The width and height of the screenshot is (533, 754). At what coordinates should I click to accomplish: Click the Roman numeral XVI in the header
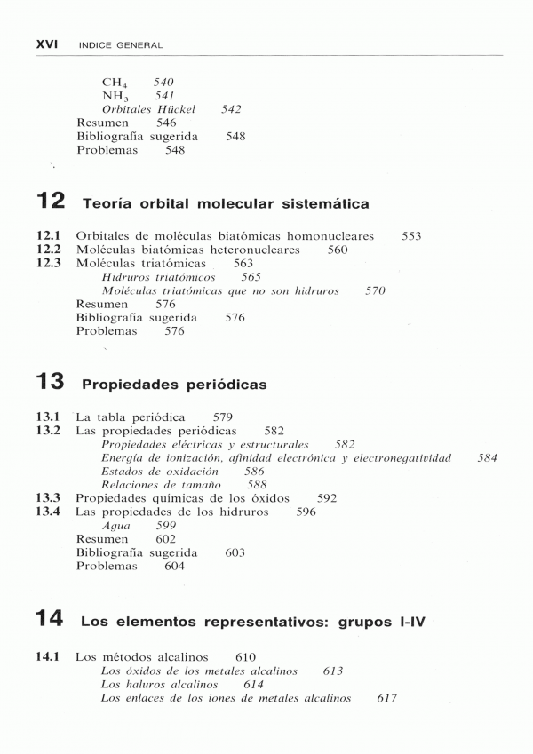[46, 44]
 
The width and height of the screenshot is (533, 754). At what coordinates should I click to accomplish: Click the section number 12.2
[48, 250]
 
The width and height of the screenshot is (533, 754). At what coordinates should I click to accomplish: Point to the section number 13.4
[48, 512]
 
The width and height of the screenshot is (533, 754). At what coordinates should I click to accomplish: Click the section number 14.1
[48, 657]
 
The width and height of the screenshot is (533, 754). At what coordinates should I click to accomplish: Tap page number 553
[410, 236]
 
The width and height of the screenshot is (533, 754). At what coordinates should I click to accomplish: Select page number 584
[487, 458]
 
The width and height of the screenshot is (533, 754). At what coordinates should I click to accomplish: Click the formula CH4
[116, 83]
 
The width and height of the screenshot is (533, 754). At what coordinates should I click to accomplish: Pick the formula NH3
[116, 96]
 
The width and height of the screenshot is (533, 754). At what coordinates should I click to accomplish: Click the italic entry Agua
[115, 526]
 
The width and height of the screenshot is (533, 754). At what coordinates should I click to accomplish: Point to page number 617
[386, 698]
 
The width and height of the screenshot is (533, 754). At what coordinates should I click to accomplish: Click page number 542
[231, 109]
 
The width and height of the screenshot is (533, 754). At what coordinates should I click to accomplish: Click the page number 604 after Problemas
[174, 567]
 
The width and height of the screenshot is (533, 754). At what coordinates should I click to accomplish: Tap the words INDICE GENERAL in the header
[121, 44]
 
